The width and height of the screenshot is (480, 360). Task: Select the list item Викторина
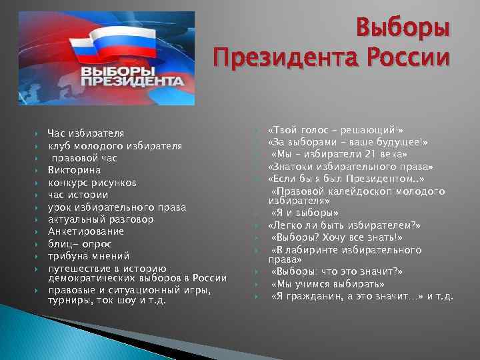point(69,170)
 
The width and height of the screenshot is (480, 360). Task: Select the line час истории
point(77,195)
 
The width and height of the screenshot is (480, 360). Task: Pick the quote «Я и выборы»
point(303,213)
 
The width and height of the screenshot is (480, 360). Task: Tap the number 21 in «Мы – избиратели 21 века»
point(360,154)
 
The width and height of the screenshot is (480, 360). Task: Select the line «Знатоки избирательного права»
point(351,167)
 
